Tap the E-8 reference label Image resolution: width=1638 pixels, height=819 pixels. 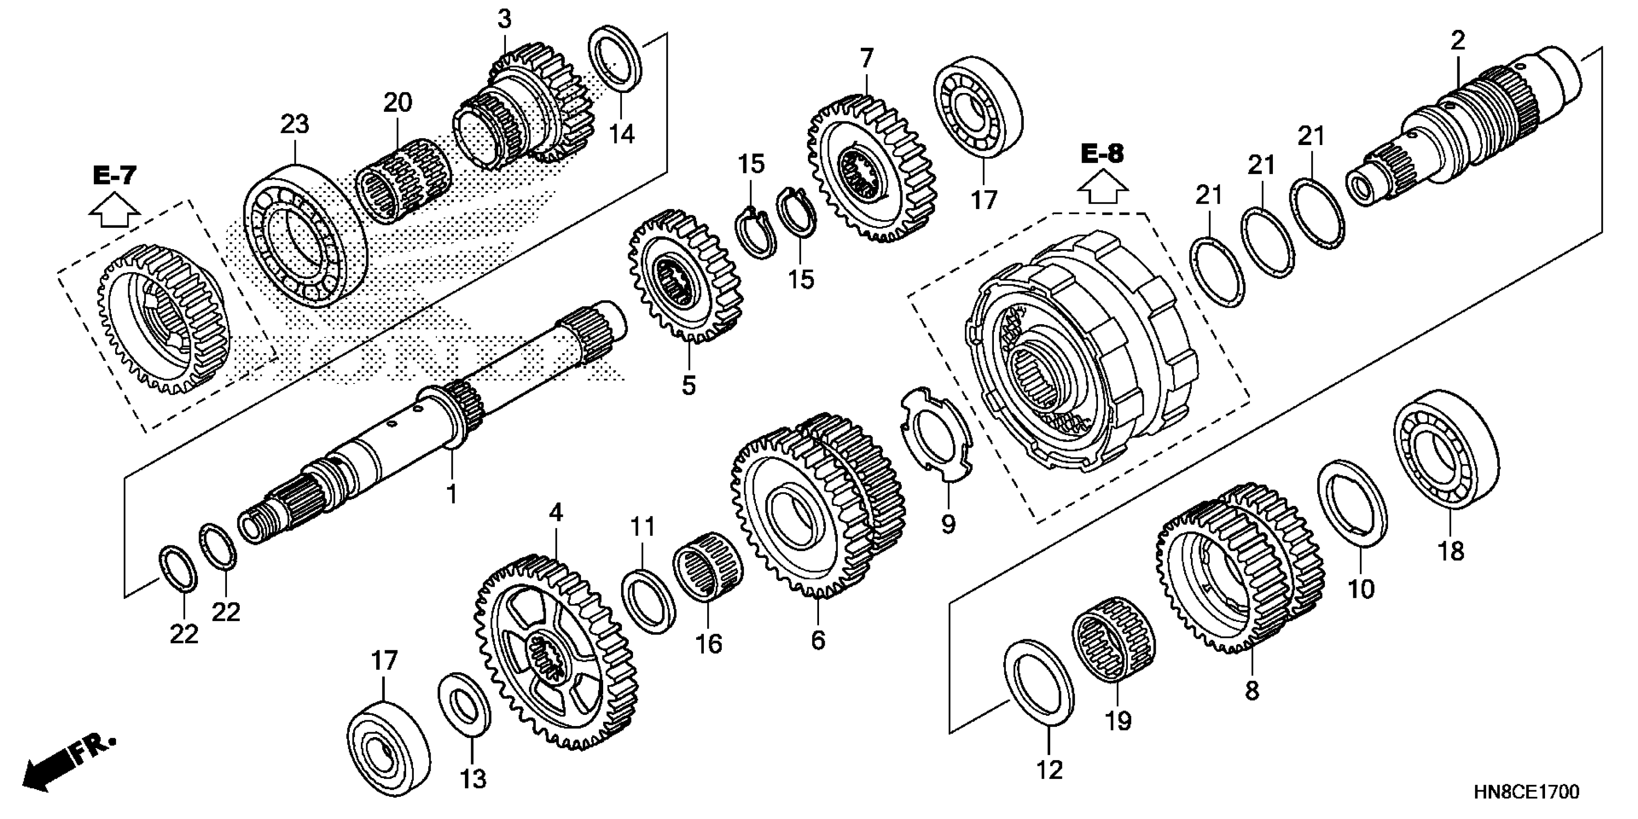1102,154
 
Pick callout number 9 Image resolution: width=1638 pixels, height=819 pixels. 948,524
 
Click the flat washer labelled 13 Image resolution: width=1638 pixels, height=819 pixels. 465,704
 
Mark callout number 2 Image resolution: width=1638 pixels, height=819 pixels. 1457,40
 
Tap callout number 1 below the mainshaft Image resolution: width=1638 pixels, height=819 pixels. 451,493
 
